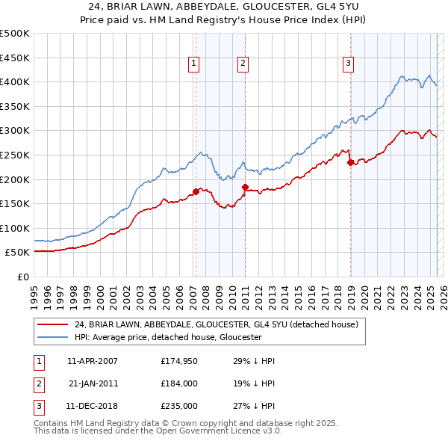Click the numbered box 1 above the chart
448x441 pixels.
pos(193,64)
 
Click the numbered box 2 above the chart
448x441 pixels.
pos(243,64)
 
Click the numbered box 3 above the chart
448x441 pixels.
pos(348,64)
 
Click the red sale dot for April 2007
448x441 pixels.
pos(196,191)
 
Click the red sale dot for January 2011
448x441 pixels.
pos(246,187)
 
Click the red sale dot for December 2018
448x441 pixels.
pos(350,162)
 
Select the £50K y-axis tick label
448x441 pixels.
pos(18,253)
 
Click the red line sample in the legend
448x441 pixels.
pos(52,324)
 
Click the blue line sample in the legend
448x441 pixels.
pos(52,337)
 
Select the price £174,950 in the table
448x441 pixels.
pos(178,361)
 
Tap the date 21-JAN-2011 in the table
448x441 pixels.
pos(93,383)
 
